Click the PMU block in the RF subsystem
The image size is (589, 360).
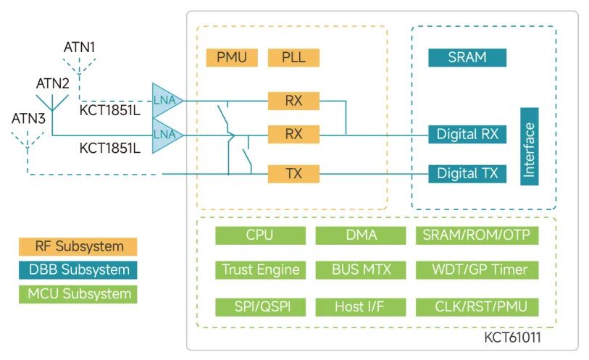[231, 57]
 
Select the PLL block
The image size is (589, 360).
[293, 57]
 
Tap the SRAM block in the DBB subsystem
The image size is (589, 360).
[467, 57]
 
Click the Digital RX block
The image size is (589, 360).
[467, 134]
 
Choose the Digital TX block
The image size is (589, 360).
[467, 173]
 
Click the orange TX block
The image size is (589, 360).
[293, 173]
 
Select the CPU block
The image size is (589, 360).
[259, 235]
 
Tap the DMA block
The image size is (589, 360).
[361, 235]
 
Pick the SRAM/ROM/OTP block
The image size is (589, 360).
[476, 235]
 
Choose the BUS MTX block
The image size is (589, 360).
[361, 270]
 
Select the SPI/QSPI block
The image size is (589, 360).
[259, 306]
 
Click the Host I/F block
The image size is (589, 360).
[361, 306]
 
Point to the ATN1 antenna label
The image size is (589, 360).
[80, 47]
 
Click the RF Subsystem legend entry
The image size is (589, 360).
[79, 246]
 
